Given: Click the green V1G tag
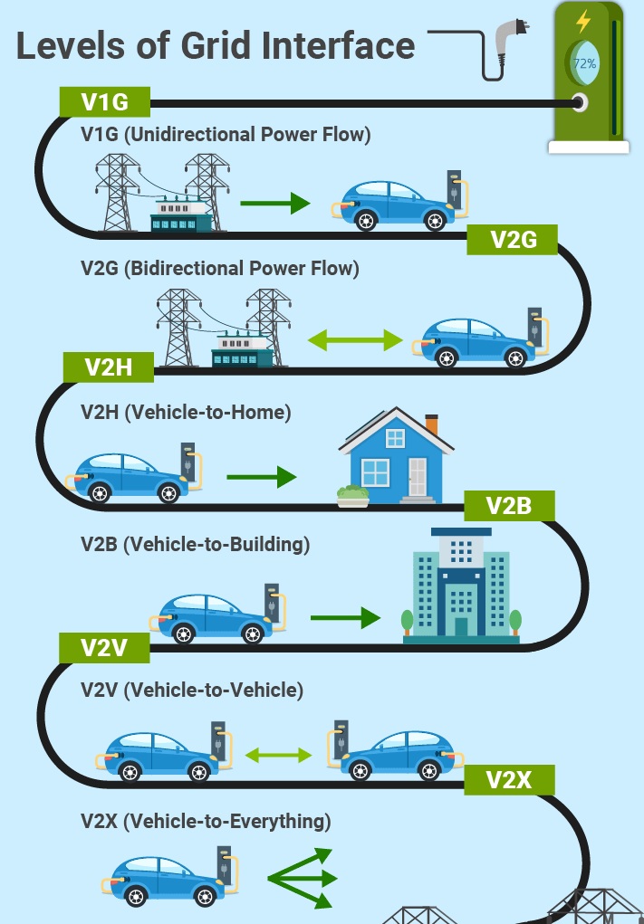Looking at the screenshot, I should (x=104, y=102).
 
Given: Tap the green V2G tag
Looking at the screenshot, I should (x=513, y=239).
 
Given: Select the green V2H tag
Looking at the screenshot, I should (x=109, y=367).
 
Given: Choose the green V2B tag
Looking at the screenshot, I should (x=508, y=505).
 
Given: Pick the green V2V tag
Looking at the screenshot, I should (x=103, y=647).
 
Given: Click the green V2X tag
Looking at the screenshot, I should (x=508, y=779).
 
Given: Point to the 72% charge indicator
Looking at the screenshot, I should (x=584, y=63).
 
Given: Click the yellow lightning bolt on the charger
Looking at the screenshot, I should (x=584, y=20).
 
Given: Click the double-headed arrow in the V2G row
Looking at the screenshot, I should (x=354, y=340).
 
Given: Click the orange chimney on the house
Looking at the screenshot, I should (x=431, y=424).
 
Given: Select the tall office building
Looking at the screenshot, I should (x=461, y=584).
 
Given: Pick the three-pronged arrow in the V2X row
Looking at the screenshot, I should (x=303, y=877).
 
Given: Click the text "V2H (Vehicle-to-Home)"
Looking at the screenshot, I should (x=186, y=413).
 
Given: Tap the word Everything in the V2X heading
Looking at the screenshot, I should (x=280, y=822).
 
